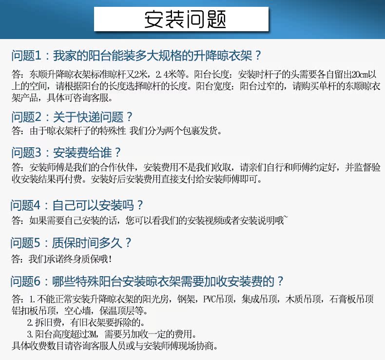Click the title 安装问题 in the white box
coord(185,19)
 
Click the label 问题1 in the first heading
coord(26,56)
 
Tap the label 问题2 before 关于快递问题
coord(26,117)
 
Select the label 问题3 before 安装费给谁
coord(26,153)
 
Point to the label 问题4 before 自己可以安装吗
coord(25,205)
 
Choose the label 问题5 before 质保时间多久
coord(25,243)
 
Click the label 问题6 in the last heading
coord(25,281)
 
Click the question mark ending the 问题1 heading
coord(258,56)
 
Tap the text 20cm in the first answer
coord(360,74)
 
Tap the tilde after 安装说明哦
coord(286,217)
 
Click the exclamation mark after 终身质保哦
coord(110,259)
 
